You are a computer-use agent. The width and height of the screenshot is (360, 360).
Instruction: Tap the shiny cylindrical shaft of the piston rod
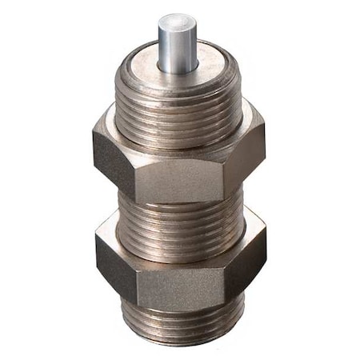178,44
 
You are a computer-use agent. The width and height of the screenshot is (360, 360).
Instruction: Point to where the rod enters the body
178,69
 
